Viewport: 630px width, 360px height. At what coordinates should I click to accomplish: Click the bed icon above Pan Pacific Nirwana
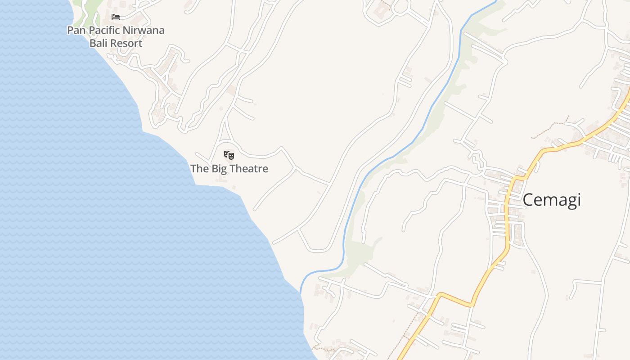click(116, 17)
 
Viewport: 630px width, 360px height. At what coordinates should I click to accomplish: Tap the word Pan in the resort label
click(76, 31)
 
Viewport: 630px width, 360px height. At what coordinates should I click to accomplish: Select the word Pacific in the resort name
click(104, 31)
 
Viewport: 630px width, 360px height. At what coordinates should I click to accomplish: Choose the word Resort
click(126, 43)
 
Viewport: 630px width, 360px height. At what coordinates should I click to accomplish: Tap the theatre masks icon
click(229, 155)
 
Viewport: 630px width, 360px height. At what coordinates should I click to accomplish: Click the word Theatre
click(249, 169)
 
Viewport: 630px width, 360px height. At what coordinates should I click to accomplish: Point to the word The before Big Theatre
click(199, 169)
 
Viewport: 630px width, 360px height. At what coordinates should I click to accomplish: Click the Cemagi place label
click(551, 200)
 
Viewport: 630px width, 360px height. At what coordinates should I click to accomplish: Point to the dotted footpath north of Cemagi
click(547, 130)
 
